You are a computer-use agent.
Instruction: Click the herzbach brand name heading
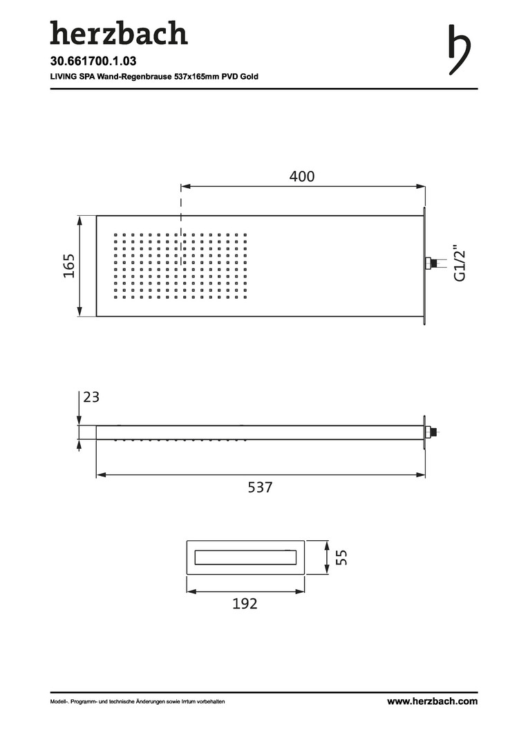[119, 33]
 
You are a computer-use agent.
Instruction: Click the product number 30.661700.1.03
[93, 61]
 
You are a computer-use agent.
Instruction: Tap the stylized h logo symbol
[460, 50]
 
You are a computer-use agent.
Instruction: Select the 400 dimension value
[302, 176]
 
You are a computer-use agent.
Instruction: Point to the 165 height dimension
[69, 266]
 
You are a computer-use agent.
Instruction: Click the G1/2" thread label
[460, 264]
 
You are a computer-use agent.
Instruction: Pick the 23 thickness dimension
[91, 397]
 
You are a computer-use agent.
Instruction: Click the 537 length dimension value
[260, 488]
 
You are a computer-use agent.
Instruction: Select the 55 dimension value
[341, 557]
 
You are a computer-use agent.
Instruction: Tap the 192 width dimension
[245, 604]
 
